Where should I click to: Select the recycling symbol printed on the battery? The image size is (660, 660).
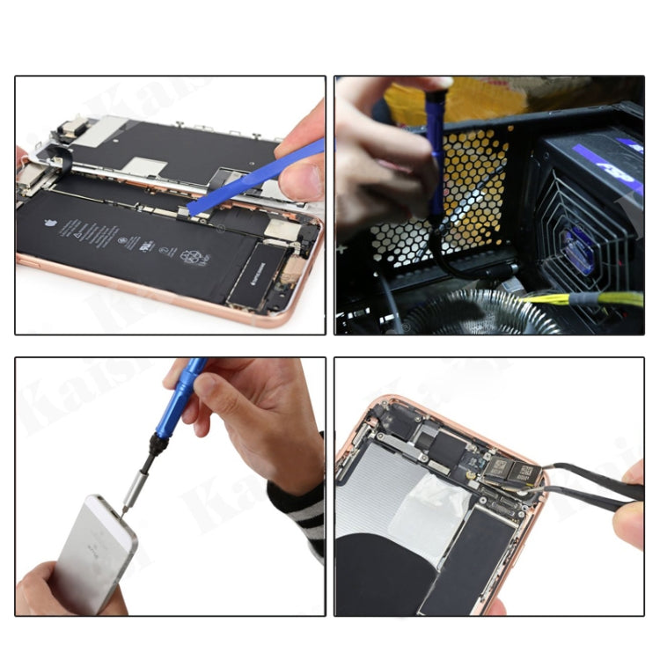pos(192,257)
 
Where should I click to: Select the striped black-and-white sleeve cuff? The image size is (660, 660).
pos(304,510)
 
